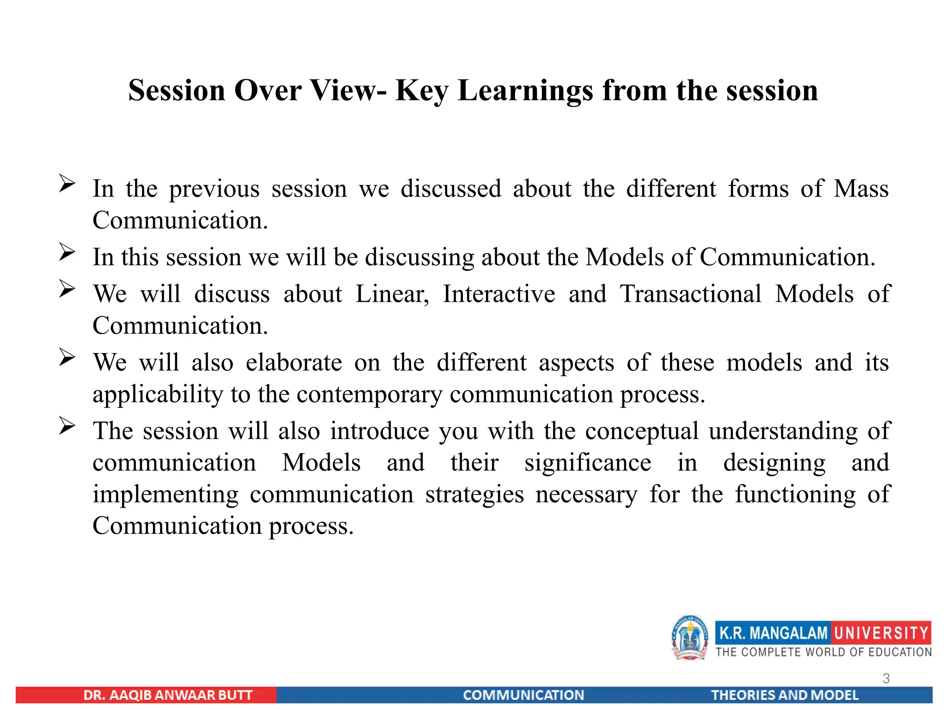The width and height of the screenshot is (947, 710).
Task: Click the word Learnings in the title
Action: pos(525,91)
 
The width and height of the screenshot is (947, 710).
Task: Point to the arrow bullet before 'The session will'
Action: pos(67,426)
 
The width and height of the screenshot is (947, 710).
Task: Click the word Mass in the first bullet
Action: pos(861,189)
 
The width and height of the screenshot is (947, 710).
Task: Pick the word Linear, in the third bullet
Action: pos(392,294)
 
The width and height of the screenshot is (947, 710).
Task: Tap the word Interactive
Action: pos(499,294)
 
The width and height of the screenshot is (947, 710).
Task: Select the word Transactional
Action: pos(690,294)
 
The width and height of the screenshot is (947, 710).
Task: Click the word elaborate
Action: pos(294,363)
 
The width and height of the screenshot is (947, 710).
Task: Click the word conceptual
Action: pos(642,431)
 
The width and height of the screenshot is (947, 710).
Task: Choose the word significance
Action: pos(588,463)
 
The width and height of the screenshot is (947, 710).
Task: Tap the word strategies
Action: pos(474,495)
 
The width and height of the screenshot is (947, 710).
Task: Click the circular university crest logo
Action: pos(689,638)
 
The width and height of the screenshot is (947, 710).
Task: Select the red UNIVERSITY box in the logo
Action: pos(881,633)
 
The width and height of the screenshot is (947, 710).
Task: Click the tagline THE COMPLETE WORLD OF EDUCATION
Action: pos(824,652)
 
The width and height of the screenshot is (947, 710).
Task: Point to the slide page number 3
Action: pos(886,678)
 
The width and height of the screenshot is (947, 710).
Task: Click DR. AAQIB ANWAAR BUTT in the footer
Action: pos(168,695)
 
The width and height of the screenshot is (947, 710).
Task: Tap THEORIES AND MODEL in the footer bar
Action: pos(784,695)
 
